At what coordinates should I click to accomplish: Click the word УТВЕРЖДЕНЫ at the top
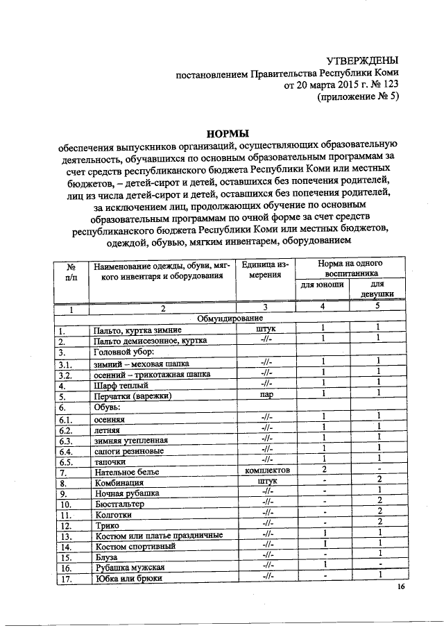363,61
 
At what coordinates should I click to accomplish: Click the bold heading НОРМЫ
228,133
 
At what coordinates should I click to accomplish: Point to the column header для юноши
322,285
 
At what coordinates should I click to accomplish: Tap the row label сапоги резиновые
129,450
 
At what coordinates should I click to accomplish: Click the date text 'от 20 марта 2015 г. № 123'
342,85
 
